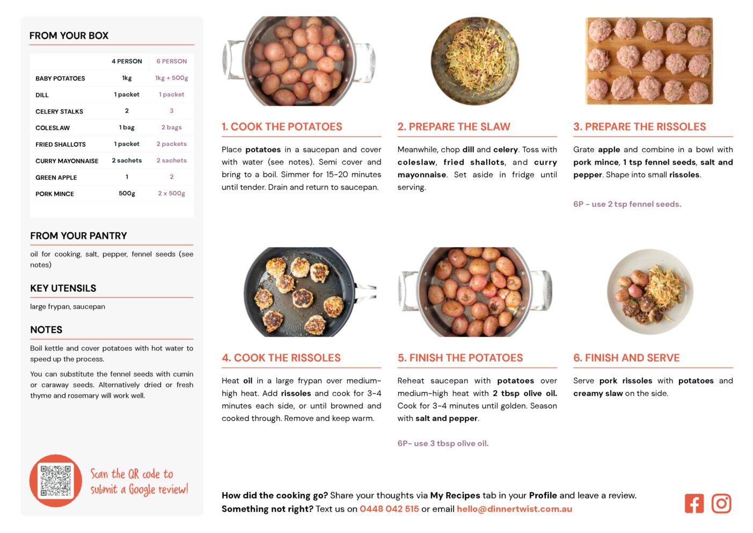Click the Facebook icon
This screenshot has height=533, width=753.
694,503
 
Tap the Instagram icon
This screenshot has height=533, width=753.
721,503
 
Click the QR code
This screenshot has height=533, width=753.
56,481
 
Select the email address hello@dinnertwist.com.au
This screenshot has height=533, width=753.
514,509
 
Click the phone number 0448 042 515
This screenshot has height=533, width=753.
389,509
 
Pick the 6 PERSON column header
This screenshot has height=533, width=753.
171,61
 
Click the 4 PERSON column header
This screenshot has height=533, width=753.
127,61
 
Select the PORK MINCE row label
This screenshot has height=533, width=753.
54,194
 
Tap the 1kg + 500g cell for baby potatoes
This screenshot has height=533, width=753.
171,78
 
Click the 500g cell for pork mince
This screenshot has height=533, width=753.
127,193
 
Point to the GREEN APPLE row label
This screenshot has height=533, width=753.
56,177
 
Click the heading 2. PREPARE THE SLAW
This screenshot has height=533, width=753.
454,126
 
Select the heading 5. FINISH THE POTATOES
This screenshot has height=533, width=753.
460,358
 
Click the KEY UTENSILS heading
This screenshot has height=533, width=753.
63,289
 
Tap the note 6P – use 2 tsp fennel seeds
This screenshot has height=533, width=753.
627,204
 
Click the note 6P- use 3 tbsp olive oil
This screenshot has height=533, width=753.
443,443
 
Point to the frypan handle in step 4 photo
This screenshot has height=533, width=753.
365,292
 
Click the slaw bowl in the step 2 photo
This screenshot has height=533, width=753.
474,61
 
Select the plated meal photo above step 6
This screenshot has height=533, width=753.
650,292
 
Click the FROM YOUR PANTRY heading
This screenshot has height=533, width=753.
79,236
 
